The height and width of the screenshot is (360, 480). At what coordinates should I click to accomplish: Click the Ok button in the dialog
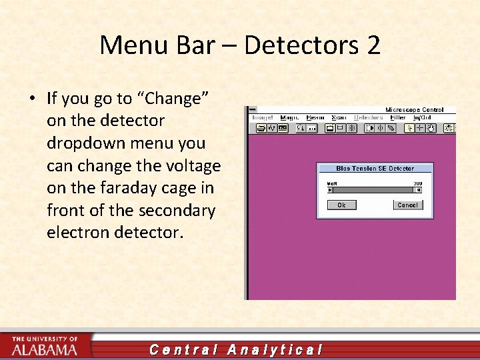341,205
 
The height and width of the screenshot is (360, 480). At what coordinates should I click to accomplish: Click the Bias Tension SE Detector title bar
375,169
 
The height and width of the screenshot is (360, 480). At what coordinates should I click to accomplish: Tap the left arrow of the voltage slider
329,189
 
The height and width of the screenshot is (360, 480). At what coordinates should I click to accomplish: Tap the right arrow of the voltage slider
418,189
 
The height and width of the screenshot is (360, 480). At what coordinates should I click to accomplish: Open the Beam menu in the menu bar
315,117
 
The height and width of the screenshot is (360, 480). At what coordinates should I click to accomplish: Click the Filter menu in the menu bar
397,117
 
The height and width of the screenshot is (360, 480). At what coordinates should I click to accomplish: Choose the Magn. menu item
289,117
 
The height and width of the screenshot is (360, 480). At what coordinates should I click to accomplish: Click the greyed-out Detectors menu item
368,117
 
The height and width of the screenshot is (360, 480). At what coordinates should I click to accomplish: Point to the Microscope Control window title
414,109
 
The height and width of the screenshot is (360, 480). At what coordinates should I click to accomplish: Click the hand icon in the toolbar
432,127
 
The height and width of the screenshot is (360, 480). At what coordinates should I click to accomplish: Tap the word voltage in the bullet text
194,165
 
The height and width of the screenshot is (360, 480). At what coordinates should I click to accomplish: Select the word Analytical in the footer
275,349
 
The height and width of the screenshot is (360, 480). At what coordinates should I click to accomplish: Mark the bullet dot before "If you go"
33,99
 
